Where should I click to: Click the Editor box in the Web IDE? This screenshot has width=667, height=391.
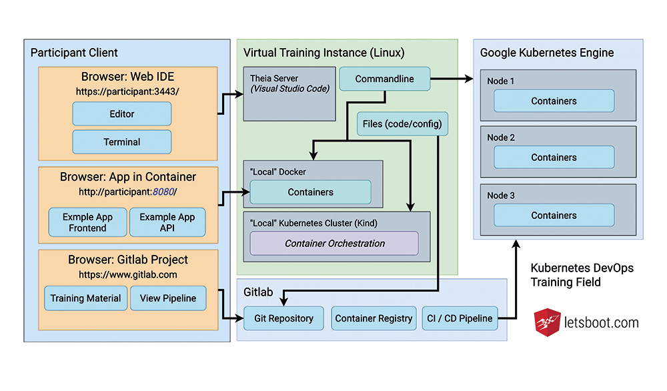click(121, 113)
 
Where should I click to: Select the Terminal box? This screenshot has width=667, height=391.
click(121, 141)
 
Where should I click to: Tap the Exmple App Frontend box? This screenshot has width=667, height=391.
click(87, 222)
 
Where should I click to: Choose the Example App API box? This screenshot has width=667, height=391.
click(167, 222)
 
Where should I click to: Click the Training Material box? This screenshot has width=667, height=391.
click(85, 298)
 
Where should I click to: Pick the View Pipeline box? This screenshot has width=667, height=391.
click(168, 298)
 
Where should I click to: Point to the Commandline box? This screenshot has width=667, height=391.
click(385, 79)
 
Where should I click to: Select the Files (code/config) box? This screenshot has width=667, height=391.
click(402, 124)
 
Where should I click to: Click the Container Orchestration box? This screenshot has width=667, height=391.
click(334, 244)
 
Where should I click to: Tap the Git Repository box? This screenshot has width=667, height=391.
click(283, 318)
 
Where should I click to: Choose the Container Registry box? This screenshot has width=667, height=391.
click(374, 318)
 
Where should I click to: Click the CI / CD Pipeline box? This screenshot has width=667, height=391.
click(460, 318)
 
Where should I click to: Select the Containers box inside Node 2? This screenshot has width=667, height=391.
click(554, 157)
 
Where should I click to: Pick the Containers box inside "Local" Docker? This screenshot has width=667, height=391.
click(311, 192)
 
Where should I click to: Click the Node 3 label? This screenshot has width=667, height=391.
click(501, 195)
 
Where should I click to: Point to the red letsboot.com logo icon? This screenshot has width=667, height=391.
click(547, 322)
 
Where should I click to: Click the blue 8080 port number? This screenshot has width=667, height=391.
click(163, 192)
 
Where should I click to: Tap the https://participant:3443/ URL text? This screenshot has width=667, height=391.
click(127, 91)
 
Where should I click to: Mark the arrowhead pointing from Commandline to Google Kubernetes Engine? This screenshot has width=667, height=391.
click(469, 79)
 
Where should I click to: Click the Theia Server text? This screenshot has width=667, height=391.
click(274, 78)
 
